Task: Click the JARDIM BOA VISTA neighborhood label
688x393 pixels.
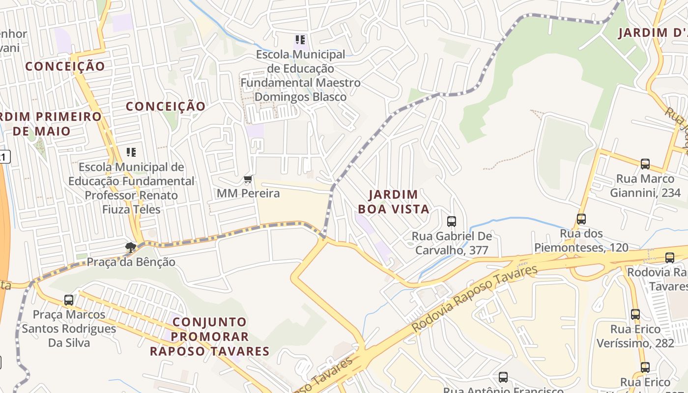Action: (393, 202)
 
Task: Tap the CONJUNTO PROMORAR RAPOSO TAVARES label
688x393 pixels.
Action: (210, 337)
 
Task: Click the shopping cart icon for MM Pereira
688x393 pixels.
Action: (248, 179)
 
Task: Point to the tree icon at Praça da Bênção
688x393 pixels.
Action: (131, 247)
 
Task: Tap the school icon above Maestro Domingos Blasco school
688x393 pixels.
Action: (300, 40)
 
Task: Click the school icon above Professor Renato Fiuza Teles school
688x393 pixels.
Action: (131, 152)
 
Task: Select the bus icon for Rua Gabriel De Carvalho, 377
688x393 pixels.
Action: (452, 222)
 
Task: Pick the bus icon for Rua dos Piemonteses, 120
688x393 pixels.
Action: (581, 219)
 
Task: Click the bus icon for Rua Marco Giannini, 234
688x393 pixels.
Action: (645, 164)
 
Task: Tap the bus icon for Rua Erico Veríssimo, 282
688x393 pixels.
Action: (635, 314)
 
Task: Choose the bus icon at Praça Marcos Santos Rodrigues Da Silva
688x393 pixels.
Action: (69, 300)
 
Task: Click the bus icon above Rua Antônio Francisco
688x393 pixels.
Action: (503, 377)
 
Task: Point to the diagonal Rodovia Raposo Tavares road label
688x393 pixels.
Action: (475, 298)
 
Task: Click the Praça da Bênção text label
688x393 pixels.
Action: (131, 262)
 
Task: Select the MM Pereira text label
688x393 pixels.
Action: (248, 193)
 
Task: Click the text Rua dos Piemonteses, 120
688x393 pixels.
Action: (581, 241)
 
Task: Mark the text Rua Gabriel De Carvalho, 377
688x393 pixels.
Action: (452, 243)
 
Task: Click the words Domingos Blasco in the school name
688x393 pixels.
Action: (300, 97)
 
